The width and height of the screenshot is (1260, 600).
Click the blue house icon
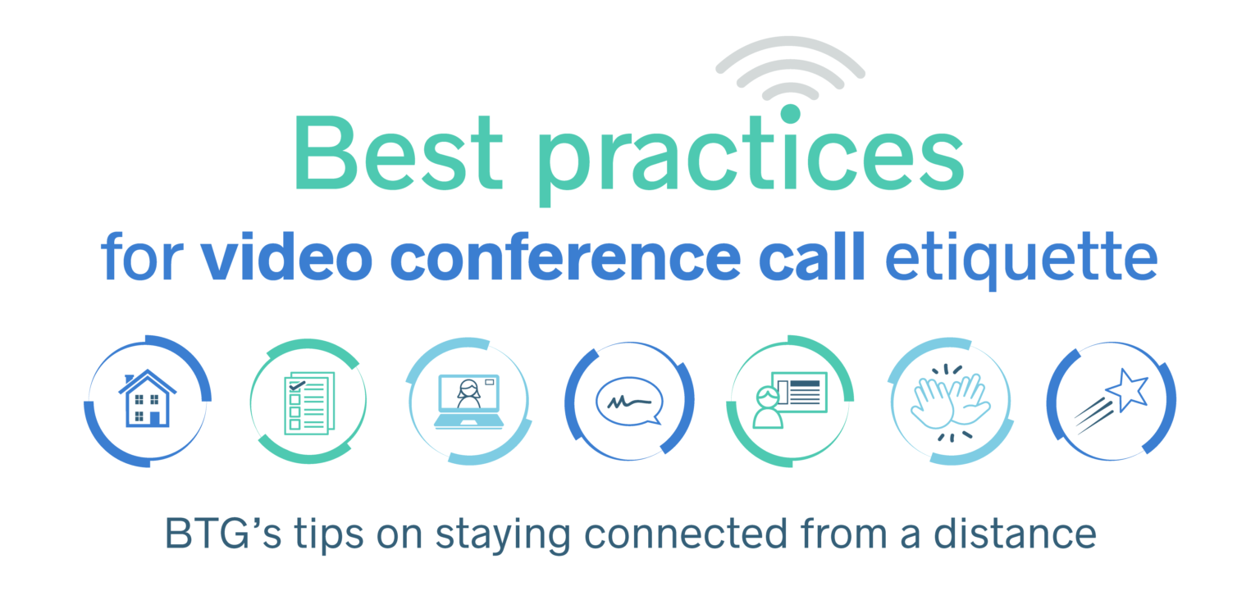click(148, 398)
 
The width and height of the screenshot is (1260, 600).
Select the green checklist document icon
click(308, 402)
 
